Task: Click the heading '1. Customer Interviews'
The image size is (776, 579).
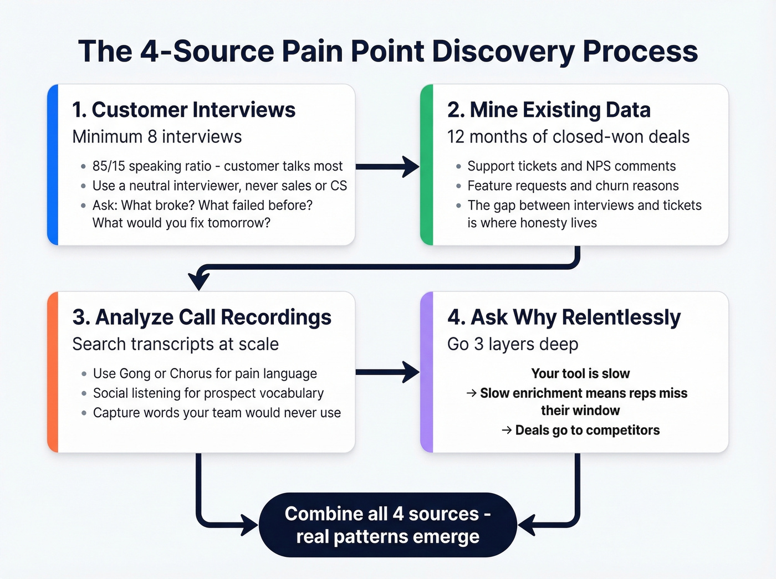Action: pyautogui.click(x=183, y=110)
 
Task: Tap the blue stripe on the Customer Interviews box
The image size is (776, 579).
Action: pyautogui.click(x=53, y=165)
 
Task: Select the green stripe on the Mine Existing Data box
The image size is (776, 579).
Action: pyautogui.click(x=426, y=165)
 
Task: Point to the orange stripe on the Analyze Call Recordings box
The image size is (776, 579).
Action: pyautogui.click(x=53, y=372)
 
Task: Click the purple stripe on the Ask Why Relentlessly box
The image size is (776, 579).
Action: pyautogui.click(x=426, y=372)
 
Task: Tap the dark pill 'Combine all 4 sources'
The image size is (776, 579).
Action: pyautogui.click(x=387, y=525)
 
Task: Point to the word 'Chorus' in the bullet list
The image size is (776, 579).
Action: pyautogui.click(x=191, y=373)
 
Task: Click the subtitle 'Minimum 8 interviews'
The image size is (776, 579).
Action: pyautogui.click(x=157, y=137)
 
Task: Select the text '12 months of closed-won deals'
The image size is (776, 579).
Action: pyautogui.click(x=568, y=137)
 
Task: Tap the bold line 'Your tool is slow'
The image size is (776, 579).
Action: pyautogui.click(x=580, y=373)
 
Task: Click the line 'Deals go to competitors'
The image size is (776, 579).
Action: pyautogui.click(x=586, y=430)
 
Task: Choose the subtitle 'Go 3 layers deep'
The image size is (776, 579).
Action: pyautogui.click(x=512, y=344)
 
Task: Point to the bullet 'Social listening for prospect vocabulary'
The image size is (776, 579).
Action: pyautogui.click(x=208, y=393)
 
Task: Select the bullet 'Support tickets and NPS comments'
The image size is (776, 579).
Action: pyautogui.click(x=571, y=166)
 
